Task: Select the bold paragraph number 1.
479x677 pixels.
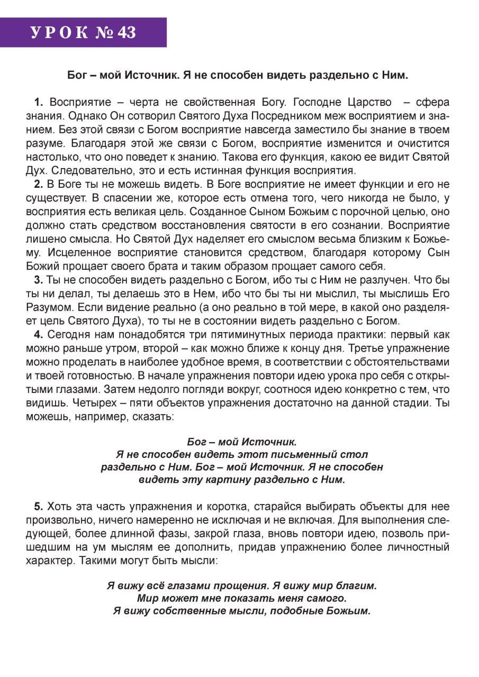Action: pyautogui.click(x=38, y=102)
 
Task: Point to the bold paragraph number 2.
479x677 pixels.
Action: pyautogui.click(x=38, y=185)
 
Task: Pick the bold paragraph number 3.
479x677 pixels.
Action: pyautogui.click(x=38, y=280)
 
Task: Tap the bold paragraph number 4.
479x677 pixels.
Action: pyautogui.click(x=38, y=335)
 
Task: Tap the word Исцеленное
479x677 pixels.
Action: pyautogui.click(x=80, y=253)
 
